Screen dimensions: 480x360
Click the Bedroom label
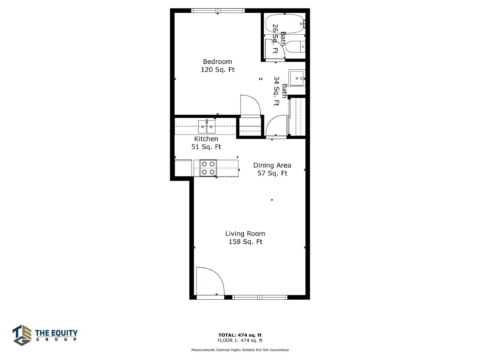point(217,61)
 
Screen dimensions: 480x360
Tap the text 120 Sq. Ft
point(217,70)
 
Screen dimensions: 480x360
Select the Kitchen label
point(206,139)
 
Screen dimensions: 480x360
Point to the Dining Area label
point(272,166)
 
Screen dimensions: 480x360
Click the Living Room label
point(245,234)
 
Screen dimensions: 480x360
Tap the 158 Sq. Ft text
point(245,242)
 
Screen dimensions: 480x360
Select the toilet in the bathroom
point(295,47)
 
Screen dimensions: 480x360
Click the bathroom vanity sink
point(297,78)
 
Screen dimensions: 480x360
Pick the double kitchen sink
point(207,127)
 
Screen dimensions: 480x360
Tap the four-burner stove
point(208,168)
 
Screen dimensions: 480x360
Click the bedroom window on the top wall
point(218,10)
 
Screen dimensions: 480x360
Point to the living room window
point(259,297)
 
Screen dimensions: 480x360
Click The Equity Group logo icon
point(22,335)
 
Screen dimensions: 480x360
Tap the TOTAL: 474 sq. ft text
point(240,335)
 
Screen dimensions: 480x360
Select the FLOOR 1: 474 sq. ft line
point(240,340)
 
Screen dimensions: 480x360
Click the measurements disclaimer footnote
point(240,350)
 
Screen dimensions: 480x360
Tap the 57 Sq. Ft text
point(272,173)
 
